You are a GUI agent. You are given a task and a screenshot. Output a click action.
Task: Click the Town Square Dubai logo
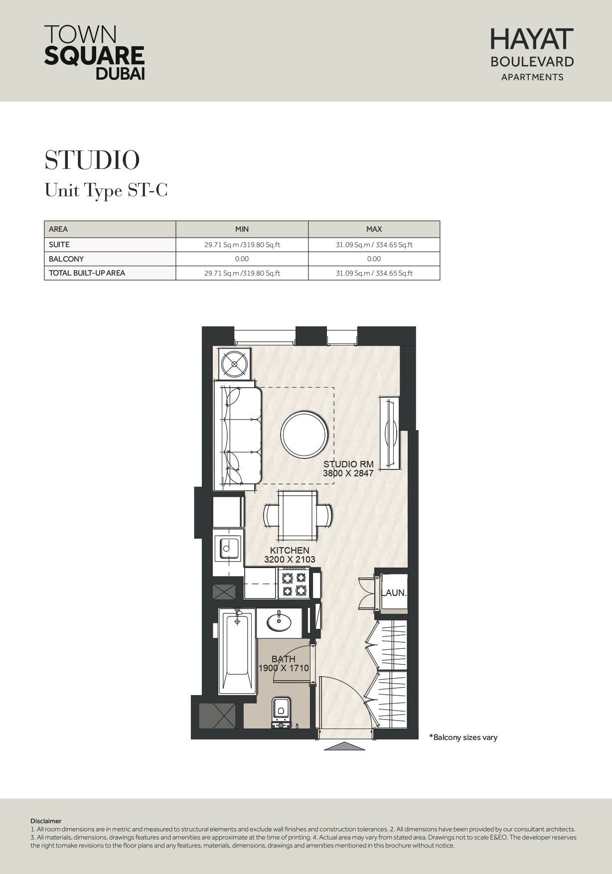95,52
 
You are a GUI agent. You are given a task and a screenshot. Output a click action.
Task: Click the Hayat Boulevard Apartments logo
532,54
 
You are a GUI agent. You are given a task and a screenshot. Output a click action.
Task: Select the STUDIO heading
92,160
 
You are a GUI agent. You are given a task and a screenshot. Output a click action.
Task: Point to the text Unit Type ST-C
106,190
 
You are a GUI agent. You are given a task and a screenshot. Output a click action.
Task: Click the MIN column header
242,229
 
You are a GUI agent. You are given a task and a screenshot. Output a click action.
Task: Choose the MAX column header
374,229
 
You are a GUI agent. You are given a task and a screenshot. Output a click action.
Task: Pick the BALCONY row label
66,259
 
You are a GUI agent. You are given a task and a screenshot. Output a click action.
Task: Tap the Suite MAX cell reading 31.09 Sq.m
374,245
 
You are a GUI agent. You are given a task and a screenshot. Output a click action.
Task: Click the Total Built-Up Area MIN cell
242,273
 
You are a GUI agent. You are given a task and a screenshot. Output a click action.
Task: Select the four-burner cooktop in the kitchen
294,583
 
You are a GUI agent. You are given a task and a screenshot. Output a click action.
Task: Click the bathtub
237,651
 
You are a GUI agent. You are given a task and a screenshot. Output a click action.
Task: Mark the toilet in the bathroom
281,714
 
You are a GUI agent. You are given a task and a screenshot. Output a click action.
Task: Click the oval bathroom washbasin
280,621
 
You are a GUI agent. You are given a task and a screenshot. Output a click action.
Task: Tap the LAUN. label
394,593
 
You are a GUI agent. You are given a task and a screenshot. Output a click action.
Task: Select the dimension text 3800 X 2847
348,473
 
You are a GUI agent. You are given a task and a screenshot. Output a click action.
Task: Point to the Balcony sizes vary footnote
463,737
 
